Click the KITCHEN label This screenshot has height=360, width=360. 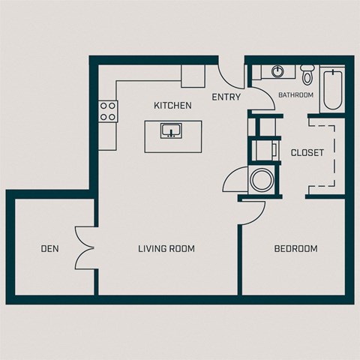click(172, 106)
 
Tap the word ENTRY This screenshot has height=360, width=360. click(225, 97)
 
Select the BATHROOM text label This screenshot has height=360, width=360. click(295, 95)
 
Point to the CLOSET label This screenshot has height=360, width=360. click(307, 152)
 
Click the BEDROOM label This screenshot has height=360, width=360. click(295, 249)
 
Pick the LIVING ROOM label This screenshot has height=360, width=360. click(166, 249)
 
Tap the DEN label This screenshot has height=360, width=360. click(50, 249)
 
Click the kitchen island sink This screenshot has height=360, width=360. click(172, 130)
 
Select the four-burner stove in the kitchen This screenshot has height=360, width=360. click(108, 111)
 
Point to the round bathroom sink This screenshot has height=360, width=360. click(277, 72)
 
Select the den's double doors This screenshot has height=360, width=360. click(84, 247)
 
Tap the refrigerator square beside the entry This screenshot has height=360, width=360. click(193, 76)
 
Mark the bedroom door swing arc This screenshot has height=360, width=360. click(250, 214)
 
